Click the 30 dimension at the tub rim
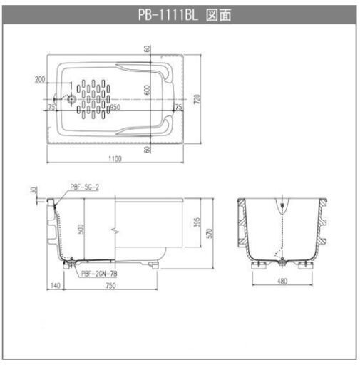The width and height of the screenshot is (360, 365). (32, 190)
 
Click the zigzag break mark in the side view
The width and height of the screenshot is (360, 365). (114, 230)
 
